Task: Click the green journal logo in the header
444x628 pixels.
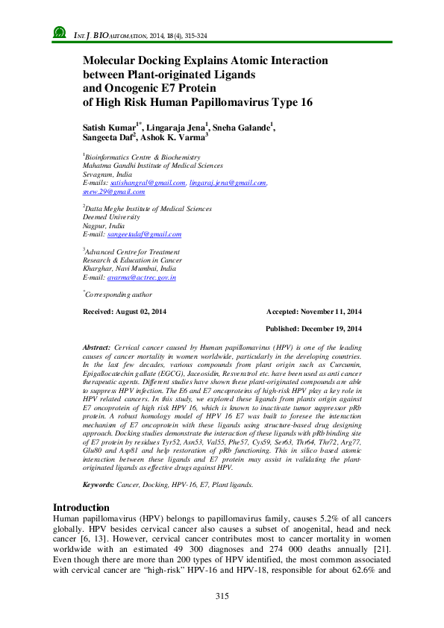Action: click(x=60, y=34)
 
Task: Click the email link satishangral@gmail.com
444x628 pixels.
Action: click(x=148, y=183)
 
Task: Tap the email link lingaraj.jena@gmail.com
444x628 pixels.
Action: click(x=228, y=183)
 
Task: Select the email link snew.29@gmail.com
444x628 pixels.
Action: click(x=113, y=192)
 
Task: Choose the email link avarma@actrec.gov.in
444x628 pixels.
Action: click(x=142, y=277)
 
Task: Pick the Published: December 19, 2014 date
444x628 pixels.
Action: click(x=313, y=329)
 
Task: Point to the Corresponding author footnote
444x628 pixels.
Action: click(x=119, y=295)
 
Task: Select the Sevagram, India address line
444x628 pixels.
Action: click(x=108, y=174)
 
